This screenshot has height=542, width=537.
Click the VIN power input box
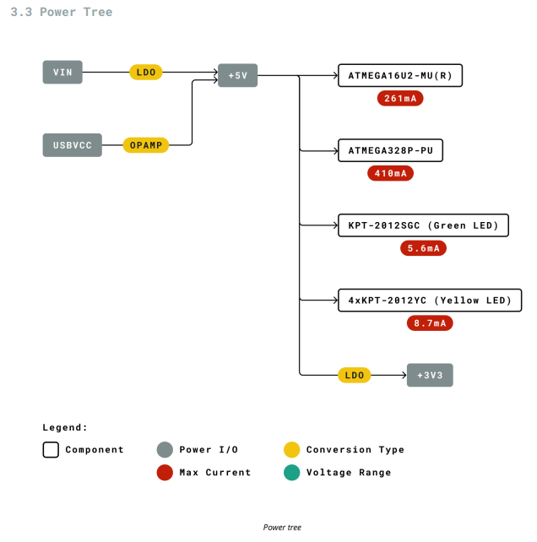[62, 73]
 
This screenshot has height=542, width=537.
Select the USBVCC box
[72, 145]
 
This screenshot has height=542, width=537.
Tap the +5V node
[237, 75]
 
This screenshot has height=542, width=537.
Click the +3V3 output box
[430, 375]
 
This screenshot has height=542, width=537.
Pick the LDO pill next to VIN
[146, 73]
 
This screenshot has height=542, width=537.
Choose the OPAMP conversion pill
[146, 145]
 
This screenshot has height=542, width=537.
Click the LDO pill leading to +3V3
[355, 375]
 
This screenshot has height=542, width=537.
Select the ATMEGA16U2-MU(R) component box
[400, 75]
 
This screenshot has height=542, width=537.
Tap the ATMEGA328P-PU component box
[390, 150]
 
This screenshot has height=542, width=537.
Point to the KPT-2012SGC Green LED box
[423, 225]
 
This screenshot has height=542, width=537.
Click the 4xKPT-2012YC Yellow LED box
[430, 300]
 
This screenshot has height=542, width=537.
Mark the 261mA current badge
[400, 98]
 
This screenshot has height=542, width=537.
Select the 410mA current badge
[390, 173]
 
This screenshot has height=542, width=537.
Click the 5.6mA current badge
[423, 248]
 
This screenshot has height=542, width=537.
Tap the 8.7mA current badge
[430, 322]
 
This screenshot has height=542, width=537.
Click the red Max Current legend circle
[165, 472]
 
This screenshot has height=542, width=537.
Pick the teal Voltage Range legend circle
[291, 472]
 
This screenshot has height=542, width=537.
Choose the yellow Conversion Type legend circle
[291, 449]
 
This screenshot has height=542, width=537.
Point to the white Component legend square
[51, 449]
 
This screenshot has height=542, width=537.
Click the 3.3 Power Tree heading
[61, 12]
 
